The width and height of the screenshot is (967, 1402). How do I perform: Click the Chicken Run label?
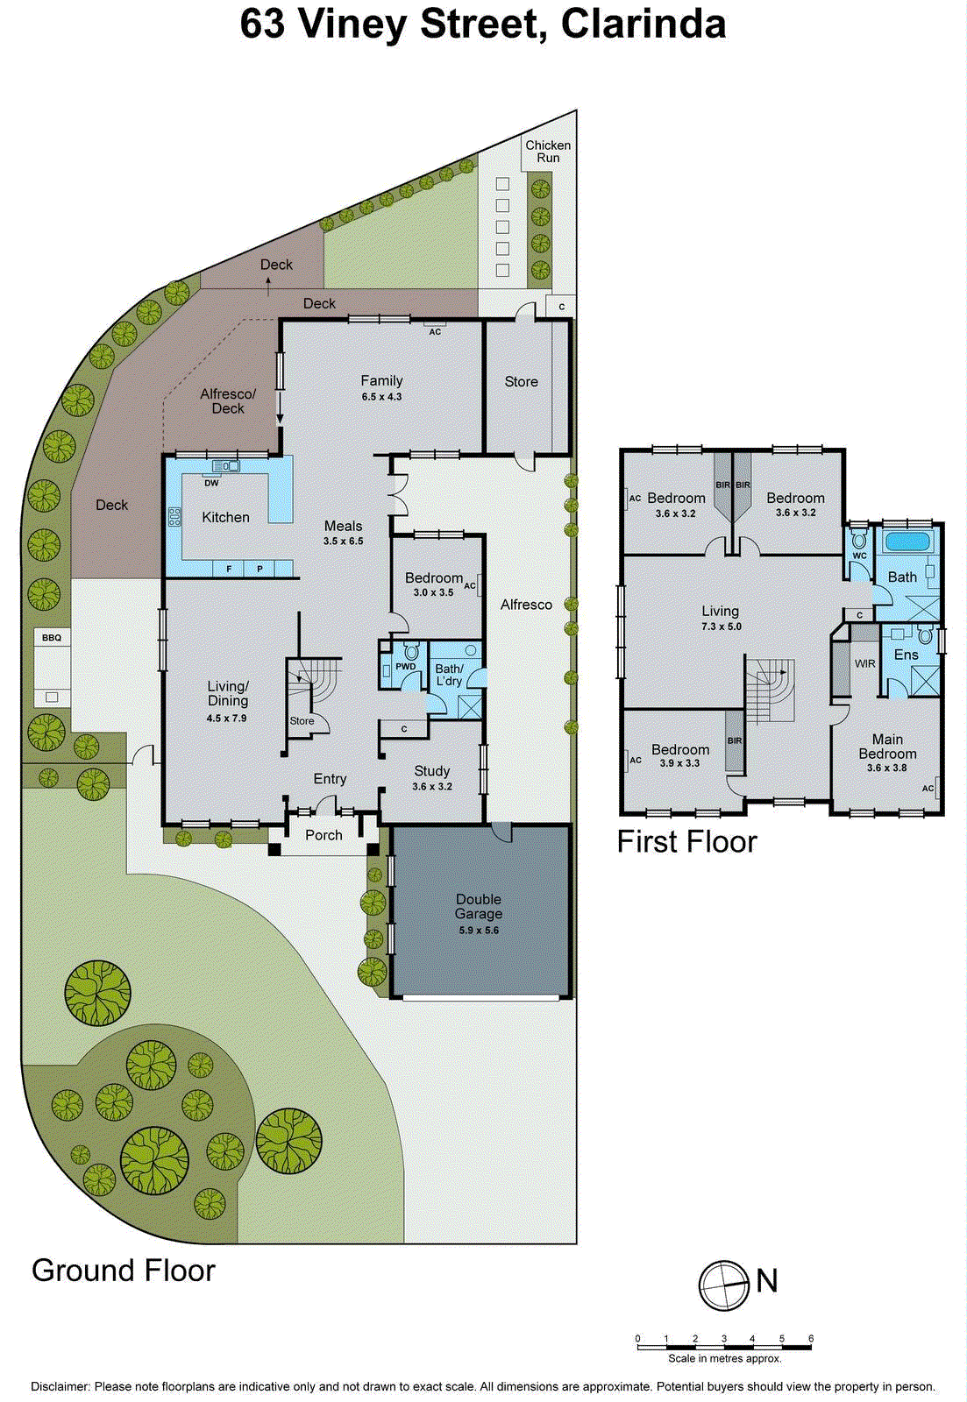tap(548, 152)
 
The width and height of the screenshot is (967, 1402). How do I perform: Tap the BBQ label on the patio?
tap(52, 638)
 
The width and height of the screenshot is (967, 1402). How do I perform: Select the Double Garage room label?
tap(479, 906)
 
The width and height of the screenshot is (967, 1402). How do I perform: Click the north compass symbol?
tap(723, 1285)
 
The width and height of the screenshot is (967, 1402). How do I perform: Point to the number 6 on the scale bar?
tap(811, 1339)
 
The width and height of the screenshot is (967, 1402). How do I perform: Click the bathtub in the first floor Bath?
tap(907, 541)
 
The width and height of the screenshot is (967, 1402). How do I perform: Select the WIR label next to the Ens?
tap(865, 664)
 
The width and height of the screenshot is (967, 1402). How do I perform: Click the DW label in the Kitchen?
tap(211, 483)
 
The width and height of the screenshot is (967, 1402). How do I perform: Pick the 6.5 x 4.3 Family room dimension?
tap(381, 397)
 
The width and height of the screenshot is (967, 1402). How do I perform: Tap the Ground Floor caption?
tap(124, 1271)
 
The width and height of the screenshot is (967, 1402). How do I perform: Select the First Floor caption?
tap(686, 842)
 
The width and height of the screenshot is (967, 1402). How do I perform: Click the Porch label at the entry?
tap(324, 835)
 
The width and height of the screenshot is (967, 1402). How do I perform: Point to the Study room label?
tap(432, 771)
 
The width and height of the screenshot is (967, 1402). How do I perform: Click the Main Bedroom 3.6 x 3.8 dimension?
tap(886, 768)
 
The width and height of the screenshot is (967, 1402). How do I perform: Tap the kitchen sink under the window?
tap(225, 466)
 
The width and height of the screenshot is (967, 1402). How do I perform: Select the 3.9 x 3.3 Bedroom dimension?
tap(679, 764)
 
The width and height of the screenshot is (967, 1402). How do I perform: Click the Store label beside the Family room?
tap(521, 382)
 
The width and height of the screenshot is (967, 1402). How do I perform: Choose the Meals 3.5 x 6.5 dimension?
tap(343, 542)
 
